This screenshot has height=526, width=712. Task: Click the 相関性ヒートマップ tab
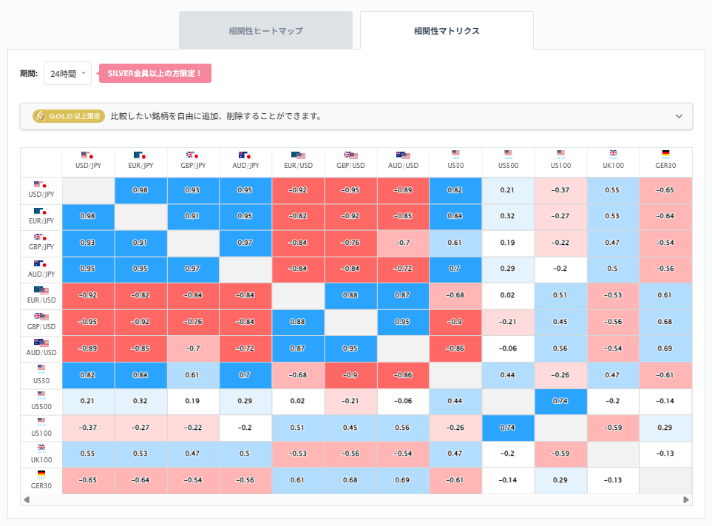click(265, 31)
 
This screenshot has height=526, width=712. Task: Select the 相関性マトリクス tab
click(447, 31)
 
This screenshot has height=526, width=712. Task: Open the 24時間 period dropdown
click(67, 73)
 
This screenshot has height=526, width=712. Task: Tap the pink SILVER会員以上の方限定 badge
click(155, 73)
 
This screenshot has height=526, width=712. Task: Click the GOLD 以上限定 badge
click(67, 116)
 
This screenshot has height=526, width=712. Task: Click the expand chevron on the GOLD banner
click(679, 116)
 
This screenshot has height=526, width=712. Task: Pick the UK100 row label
click(41, 455)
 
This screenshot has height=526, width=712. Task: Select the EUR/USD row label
click(41, 296)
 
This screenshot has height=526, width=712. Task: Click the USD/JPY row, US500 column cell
click(507, 190)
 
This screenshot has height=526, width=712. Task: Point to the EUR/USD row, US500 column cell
click(507, 296)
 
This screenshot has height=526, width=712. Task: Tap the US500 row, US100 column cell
click(560, 402)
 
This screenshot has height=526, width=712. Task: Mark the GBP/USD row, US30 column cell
click(455, 323)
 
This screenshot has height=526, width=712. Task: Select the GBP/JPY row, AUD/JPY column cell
click(246, 243)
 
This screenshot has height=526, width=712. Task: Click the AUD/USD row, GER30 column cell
click(665, 348)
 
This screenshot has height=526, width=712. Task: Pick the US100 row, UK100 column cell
click(613, 428)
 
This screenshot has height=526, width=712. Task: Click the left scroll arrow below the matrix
click(27, 500)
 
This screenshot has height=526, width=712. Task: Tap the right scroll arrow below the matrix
click(686, 500)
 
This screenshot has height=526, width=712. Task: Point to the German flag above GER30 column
click(665, 154)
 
